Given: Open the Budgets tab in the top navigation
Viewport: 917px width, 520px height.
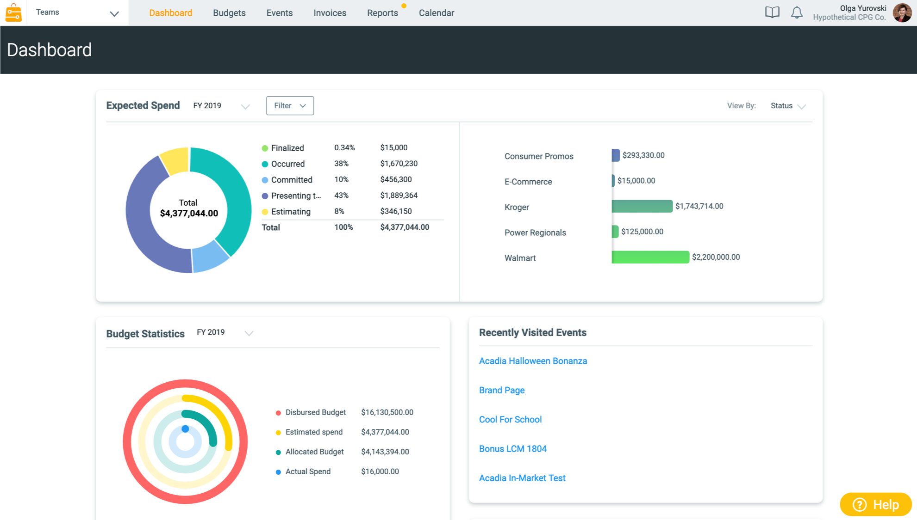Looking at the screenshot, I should [x=229, y=13].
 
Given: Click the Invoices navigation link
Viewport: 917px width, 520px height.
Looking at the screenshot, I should [x=330, y=13].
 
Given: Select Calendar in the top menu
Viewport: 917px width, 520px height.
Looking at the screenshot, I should [x=436, y=13].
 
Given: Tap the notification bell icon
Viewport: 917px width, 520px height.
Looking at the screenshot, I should [x=796, y=12].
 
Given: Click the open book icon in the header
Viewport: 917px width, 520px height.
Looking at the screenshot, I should [x=772, y=12].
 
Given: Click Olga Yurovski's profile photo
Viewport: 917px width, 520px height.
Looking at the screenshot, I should [x=902, y=12].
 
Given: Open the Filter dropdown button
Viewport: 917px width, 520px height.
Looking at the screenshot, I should [x=290, y=106].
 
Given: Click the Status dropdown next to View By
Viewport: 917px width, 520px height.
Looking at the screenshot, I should [x=787, y=106].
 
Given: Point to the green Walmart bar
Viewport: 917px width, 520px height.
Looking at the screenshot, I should [x=650, y=257].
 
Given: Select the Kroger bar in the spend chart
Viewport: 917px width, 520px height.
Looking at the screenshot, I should [x=642, y=206].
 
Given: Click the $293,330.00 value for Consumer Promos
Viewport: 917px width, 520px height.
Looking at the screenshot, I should [x=643, y=155].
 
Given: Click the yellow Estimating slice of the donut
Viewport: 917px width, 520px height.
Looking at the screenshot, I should [x=175, y=160].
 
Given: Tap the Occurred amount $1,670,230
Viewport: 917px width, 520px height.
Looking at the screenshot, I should [x=399, y=164].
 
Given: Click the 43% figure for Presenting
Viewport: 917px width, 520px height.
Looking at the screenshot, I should [x=341, y=196].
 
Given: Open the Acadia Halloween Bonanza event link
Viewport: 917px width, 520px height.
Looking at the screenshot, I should [x=533, y=361].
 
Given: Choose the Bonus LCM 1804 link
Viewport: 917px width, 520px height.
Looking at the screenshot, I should [x=512, y=449].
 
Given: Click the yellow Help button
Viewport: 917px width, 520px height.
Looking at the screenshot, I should [x=875, y=504].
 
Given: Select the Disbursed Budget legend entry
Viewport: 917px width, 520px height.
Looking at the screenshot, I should [x=315, y=412].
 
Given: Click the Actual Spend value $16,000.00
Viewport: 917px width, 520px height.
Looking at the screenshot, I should [x=380, y=471].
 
